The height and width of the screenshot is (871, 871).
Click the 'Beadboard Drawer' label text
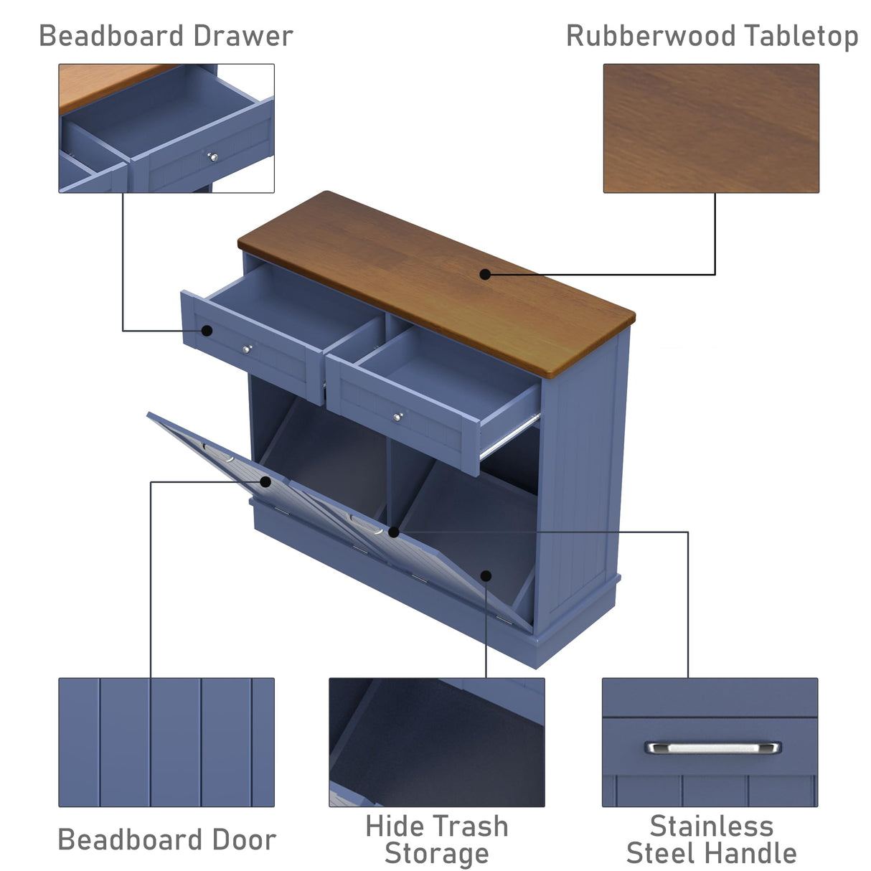(x=166, y=36)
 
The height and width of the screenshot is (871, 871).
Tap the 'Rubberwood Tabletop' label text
(x=712, y=36)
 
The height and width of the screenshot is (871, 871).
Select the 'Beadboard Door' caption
(x=166, y=839)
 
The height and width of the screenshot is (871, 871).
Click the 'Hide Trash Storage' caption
(x=437, y=839)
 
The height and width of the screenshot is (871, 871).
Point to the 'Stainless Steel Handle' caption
(x=711, y=839)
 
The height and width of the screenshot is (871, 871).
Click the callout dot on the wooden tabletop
(x=485, y=274)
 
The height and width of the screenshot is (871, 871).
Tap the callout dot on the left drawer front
(x=207, y=331)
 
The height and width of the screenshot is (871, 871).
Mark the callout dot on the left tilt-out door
(x=265, y=481)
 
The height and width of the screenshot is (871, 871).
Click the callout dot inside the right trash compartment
(x=486, y=575)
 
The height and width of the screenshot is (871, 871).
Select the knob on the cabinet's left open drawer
(x=247, y=349)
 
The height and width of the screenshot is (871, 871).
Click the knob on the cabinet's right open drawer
(x=397, y=417)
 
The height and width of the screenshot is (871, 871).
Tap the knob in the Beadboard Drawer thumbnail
(x=212, y=157)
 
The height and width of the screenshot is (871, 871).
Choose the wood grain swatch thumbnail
(x=710, y=128)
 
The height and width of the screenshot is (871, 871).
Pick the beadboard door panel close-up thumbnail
(x=166, y=742)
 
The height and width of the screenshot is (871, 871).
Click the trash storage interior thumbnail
(x=436, y=742)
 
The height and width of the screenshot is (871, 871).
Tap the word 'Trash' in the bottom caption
(x=474, y=827)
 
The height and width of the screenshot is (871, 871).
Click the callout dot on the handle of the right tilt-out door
(x=393, y=532)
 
